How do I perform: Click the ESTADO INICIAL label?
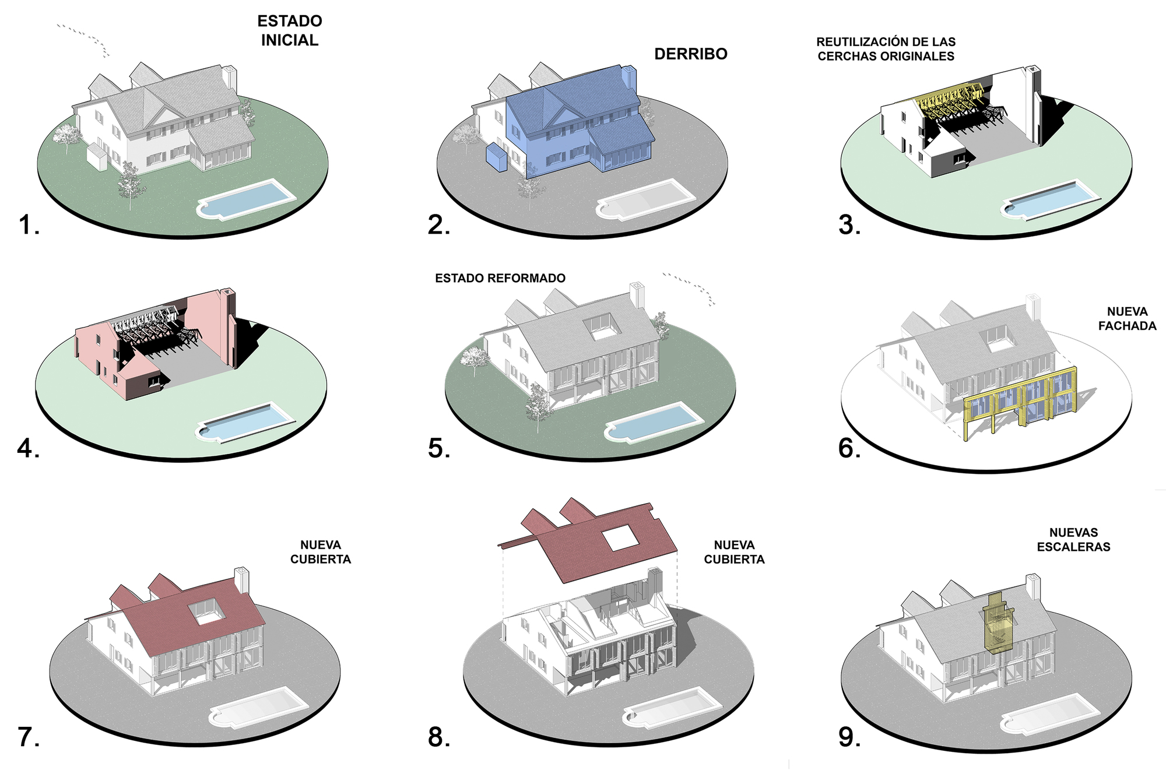tap(290, 30)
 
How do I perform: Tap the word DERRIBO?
tap(691, 54)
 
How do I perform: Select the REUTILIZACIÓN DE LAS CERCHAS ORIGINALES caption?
tap(886, 49)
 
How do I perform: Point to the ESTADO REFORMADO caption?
tap(500, 279)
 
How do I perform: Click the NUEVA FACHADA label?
tap(1127, 319)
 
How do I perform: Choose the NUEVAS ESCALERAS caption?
tap(1073, 540)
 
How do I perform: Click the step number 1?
tap(28, 225)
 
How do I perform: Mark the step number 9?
tap(849, 737)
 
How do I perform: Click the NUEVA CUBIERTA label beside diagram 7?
tap(321, 552)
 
